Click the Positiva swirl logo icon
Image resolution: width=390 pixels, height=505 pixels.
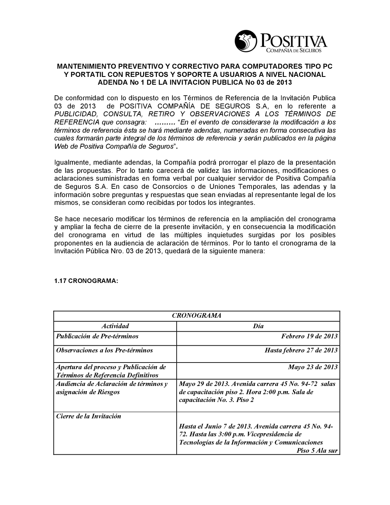point(246,41)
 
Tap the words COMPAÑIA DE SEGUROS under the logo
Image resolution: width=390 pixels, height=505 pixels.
point(293,51)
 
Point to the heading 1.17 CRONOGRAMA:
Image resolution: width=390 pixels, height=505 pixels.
point(86,281)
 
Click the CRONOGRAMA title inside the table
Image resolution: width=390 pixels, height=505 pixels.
point(197,316)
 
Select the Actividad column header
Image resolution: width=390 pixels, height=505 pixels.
point(115,326)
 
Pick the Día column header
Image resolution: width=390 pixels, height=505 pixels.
point(258,326)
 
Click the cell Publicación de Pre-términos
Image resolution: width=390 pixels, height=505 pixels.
point(97,336)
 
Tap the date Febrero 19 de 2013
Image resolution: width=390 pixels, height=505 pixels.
point(309,336)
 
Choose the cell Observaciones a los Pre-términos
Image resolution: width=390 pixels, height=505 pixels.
point(105,350)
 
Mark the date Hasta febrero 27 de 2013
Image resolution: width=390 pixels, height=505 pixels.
point(301,350)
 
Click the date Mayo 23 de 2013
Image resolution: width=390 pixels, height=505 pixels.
point(313,367)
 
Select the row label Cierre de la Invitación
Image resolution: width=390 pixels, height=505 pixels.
point(89,416)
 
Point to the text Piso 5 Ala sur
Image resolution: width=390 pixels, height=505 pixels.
point(317,450)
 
